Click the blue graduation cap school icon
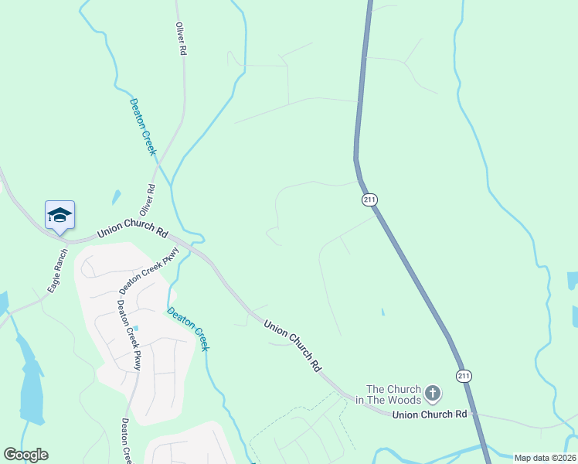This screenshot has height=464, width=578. coord(59,216)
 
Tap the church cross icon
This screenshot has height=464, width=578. coord(433,394)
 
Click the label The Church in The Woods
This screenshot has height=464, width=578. coord(393,394)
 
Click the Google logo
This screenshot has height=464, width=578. coord(25,455)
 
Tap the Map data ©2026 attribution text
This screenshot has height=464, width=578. coord(544,458)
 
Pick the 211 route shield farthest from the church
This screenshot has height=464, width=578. coord(369,200)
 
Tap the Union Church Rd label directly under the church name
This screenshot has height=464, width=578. coord(430,415)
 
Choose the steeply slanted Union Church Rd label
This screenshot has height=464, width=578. coord(292,346)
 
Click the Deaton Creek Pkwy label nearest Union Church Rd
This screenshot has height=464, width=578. coord(149,265)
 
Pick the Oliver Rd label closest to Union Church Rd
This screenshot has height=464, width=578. coord(147,200)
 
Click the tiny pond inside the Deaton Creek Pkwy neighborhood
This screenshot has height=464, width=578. coord(136,329)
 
